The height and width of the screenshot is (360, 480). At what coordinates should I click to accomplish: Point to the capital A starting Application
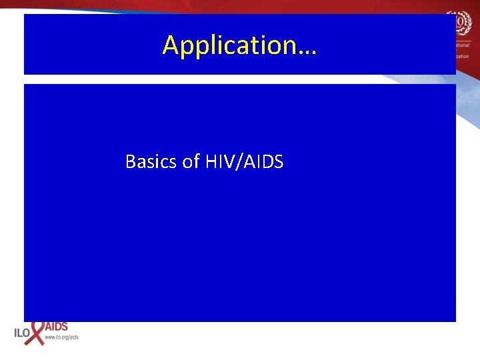point(171,45)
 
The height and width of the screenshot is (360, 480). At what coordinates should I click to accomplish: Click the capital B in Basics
point(131,161)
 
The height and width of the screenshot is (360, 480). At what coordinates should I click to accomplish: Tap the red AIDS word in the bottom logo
point(56,327)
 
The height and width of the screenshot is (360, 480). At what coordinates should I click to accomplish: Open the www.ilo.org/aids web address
point(61,337)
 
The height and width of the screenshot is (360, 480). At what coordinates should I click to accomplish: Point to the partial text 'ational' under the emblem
point(464,45)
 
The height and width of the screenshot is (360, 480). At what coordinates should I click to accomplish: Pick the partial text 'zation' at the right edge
point(464,57)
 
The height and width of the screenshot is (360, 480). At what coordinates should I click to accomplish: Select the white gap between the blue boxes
point(240,79)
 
